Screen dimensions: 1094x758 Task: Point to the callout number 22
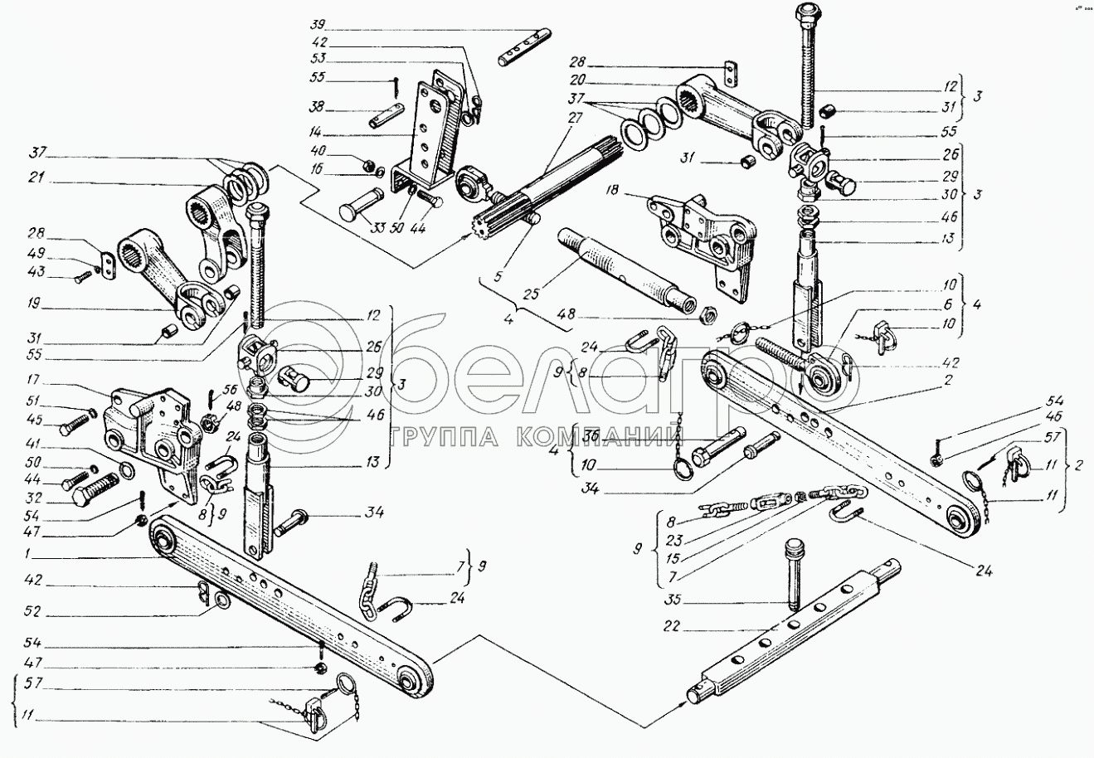pyautogui.click(x=672, y=627)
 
